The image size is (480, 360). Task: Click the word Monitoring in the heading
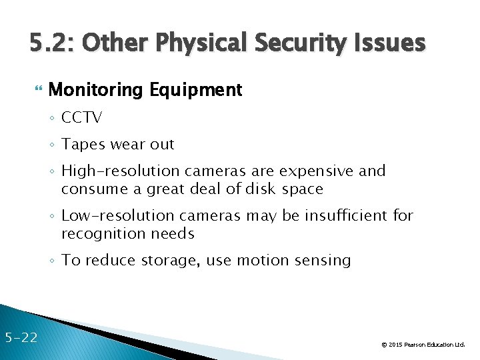97,90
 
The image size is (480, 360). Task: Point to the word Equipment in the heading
196,90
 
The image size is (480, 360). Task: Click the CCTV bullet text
81,118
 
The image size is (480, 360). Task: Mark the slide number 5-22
21,337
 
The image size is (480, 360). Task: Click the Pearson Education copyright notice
423,345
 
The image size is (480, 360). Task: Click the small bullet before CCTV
53,119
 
